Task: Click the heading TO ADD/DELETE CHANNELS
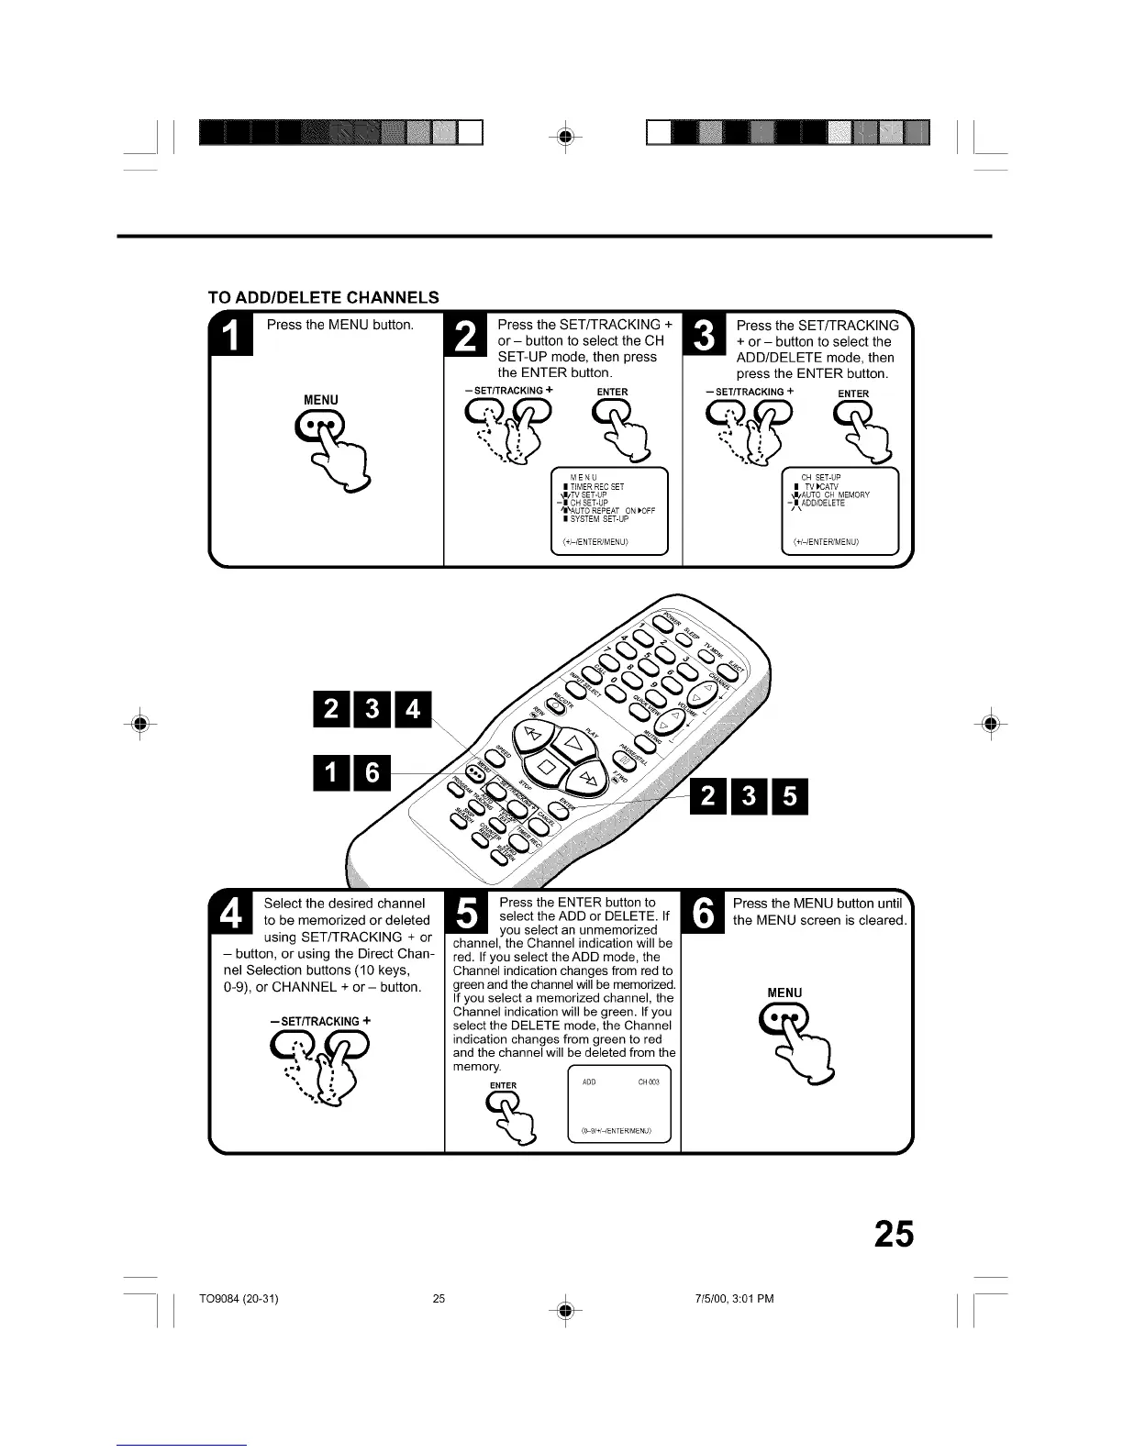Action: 324,297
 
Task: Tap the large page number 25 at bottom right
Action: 893,1234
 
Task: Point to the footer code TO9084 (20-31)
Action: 239,1298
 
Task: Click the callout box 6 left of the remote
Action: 372,772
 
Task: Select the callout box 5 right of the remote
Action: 790,795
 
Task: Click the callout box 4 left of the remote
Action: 412,709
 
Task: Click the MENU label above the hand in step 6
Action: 784,993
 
